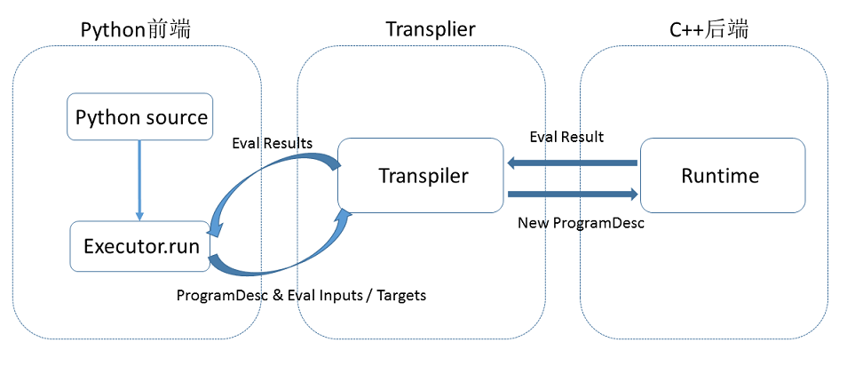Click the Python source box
pos(139,116)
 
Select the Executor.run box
pos(140,246)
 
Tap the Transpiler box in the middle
pos(421,175)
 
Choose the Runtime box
pos(723,175)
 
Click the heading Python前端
pos(136,29)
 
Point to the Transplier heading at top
pos(431,29)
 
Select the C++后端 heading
pos(709,30)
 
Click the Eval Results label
pos(272,143)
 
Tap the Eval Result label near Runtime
pos(567,137)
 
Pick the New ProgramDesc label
pos(581,223)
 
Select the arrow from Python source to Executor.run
pos(139,180)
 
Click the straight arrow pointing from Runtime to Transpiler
pos(572,163)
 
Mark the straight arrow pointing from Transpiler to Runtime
pos(573,193)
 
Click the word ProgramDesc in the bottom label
pos(217,296)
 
